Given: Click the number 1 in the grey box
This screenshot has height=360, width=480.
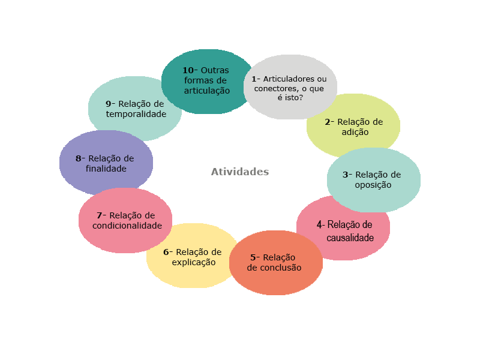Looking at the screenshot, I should point(254,79).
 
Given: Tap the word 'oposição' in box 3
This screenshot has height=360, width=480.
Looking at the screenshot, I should point(373,185).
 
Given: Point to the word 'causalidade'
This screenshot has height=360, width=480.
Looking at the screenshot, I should point(350,238).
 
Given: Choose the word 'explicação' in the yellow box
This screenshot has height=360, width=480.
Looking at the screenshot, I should point(193,262).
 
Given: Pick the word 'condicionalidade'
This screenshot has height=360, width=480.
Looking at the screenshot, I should point(127,226).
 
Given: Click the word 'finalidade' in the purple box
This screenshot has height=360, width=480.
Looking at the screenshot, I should point(106,169).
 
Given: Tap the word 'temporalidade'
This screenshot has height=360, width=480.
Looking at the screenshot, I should point(136,113).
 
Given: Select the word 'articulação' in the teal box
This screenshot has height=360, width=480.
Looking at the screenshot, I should point(207,91).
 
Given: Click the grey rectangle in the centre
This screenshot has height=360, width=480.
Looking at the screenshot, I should point(240,171).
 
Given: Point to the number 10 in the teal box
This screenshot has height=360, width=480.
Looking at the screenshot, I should point(188,70).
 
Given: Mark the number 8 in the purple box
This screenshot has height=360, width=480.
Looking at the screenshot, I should point(79,158).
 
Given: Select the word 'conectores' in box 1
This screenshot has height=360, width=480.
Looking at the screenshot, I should point(274,88).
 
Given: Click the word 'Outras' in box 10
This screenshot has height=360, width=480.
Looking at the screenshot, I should point(215,70).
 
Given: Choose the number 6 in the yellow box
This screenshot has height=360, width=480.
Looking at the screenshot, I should point(166,252).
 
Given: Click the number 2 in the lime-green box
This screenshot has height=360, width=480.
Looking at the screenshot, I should point(328,122).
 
